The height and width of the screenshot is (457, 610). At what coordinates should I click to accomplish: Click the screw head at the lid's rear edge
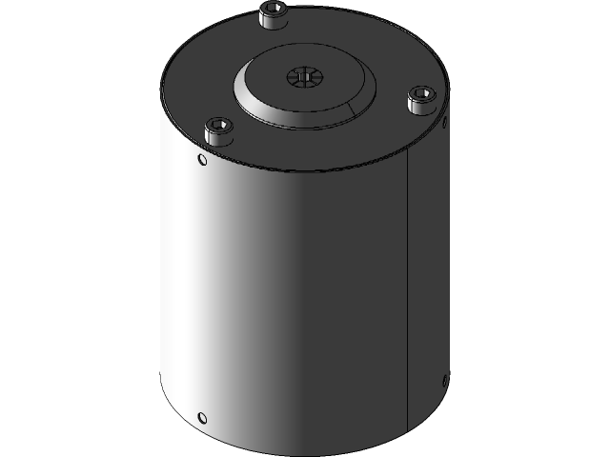point(273,15)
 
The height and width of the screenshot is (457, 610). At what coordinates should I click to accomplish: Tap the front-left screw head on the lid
point(219,131)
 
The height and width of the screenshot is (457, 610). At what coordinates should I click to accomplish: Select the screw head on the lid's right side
point(420,100)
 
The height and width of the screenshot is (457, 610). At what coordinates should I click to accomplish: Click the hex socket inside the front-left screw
point(220,126)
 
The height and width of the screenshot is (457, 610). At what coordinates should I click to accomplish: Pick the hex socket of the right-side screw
point(421,94)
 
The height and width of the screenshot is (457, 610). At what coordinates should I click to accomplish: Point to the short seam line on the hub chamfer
point(356,109)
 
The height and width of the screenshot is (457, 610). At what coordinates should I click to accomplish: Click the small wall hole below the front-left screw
point(201,160)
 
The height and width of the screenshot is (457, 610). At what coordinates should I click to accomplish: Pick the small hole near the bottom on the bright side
point(201,417)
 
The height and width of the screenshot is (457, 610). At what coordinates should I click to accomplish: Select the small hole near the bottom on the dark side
point(444,382)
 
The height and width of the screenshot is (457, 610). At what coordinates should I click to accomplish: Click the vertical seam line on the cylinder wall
point(408,286)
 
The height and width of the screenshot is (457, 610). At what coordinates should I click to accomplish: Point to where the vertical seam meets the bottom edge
point(408,429)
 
